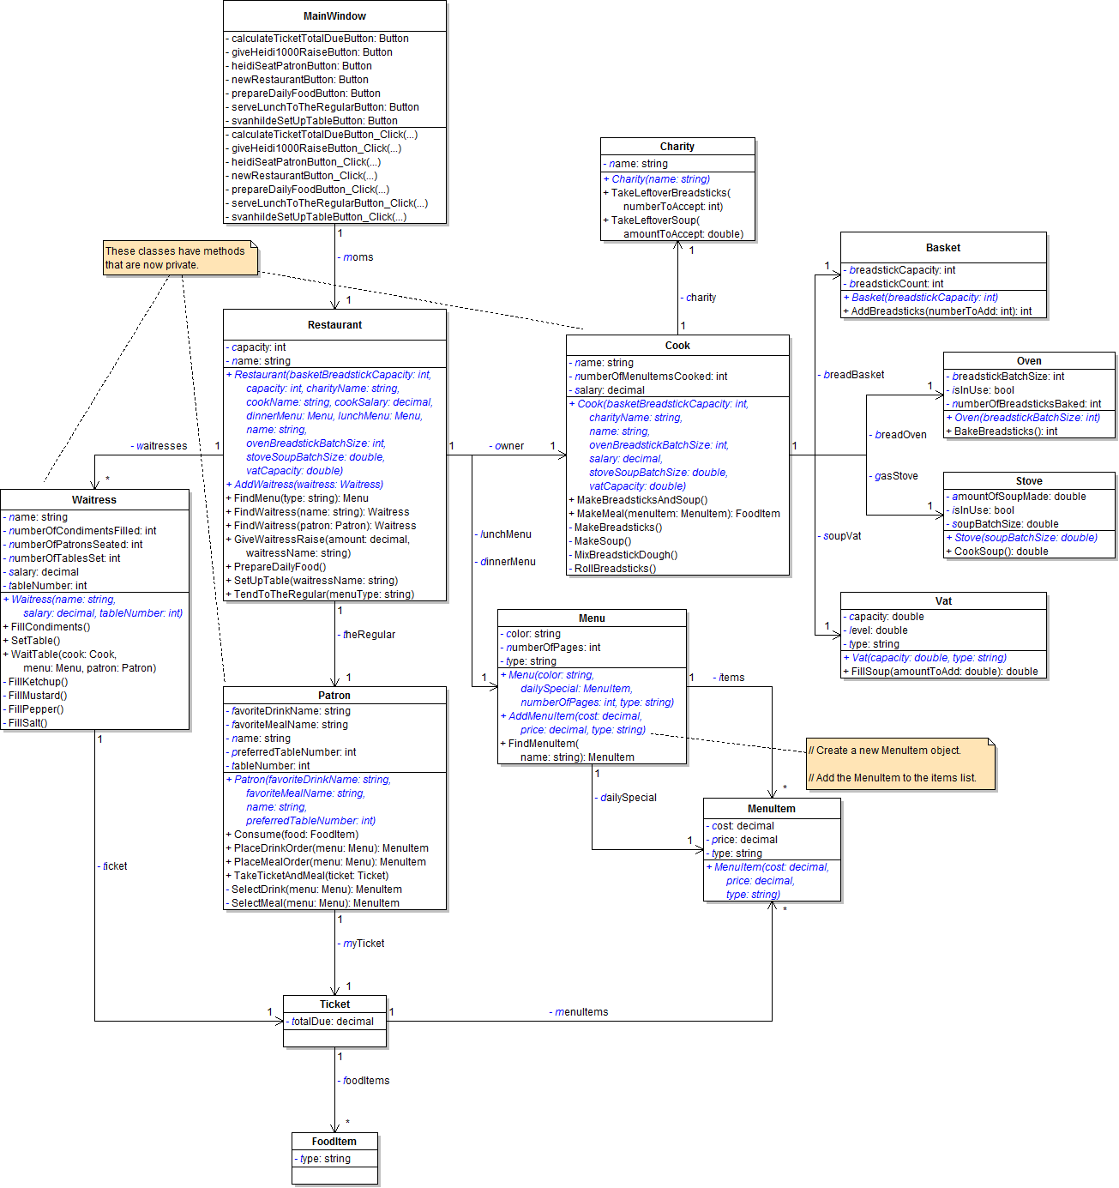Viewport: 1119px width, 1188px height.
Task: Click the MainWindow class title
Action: pos(334,16)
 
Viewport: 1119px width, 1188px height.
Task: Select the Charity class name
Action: pos(677,147)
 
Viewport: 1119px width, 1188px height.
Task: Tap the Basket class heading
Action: pos(943,248)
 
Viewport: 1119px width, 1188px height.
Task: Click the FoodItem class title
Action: pos(334,1142)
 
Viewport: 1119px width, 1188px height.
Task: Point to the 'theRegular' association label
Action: pos(369,635)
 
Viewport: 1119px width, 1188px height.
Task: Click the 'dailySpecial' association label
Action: pos(628,798)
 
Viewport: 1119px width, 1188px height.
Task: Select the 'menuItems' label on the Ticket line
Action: pos(581,1012)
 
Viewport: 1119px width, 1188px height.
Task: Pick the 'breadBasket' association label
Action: pos(853,375)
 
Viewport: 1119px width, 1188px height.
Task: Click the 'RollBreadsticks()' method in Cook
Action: pos(615,569)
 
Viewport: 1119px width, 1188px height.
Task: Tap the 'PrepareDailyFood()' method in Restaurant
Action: pos(280,567)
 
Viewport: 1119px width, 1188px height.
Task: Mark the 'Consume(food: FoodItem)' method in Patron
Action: pos(296,835)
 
